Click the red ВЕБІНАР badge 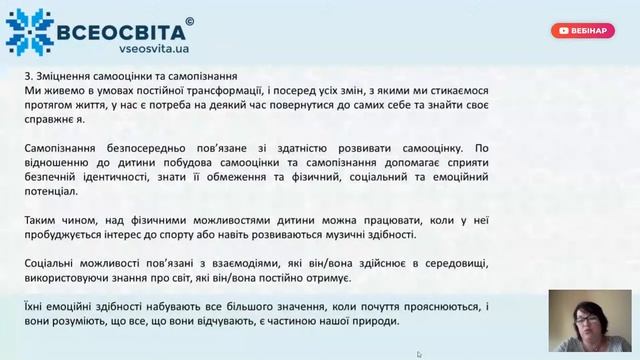click(x=582, y=31)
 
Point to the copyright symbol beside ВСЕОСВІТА click(x=190, y=20)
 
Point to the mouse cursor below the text click(x=419, y=354)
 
